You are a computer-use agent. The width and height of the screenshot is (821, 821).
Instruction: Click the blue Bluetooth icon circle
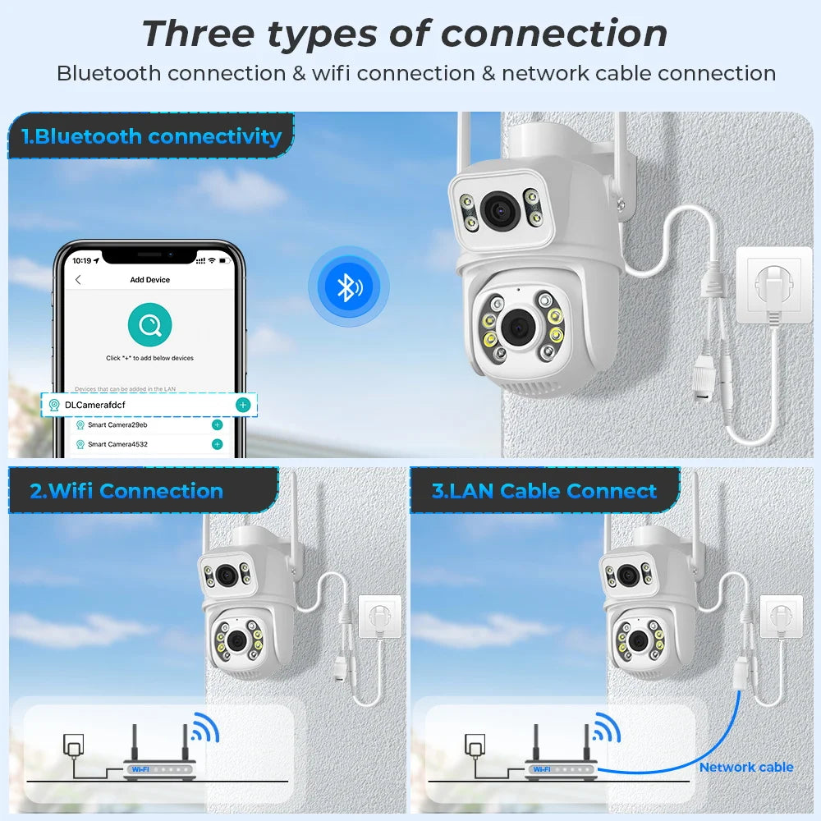coord(349,287)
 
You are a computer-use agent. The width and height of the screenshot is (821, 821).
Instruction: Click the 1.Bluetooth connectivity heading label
coord(152,136)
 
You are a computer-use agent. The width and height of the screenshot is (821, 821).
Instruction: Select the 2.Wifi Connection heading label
coord(126,491)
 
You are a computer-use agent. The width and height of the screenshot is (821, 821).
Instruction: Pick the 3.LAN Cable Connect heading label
coord(544,491)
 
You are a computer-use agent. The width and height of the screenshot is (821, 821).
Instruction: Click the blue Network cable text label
coord(745,767)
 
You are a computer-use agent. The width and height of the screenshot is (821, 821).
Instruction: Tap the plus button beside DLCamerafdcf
coord(242,405)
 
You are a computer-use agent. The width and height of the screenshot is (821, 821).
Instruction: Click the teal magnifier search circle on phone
coord(149,324)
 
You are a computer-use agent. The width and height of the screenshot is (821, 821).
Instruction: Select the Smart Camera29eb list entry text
coord(117,425)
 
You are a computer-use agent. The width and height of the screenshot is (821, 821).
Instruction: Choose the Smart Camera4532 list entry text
coord(117,444)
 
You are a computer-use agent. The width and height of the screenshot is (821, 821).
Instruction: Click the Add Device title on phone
coord(149,280)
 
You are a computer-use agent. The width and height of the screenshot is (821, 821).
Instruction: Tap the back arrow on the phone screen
coord(78,280)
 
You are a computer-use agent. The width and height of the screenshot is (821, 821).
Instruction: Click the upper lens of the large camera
coord(498,209)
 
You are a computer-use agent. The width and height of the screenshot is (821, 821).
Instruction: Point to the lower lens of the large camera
coord(518,327)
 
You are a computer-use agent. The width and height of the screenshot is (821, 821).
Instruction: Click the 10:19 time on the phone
coord(81,260)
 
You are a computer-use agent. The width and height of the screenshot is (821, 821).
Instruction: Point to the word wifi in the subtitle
coord(331,73)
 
